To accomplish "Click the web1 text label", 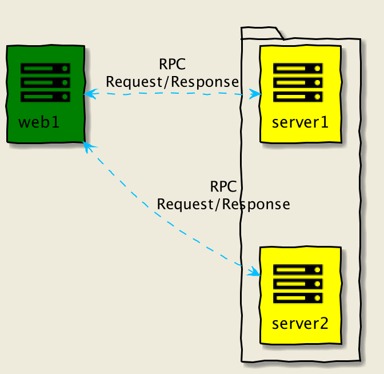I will (39, 122).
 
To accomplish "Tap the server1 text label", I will (300, 122).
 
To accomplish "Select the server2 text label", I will (300, 323).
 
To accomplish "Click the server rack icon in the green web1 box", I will (45, 82).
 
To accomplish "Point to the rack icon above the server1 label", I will (298, 82).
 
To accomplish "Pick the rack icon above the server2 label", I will (298, 284).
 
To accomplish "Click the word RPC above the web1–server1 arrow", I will (172, 65).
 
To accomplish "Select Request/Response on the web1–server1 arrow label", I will (172, 82).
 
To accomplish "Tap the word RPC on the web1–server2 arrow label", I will (223, 186).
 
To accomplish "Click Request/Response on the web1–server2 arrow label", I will (223, 204).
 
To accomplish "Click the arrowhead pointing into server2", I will (254, 271).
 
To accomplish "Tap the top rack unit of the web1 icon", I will (45, 69).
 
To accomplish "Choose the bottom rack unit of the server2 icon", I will (298, 297).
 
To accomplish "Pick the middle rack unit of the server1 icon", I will (298, 82).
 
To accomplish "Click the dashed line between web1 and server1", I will (171, 94).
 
